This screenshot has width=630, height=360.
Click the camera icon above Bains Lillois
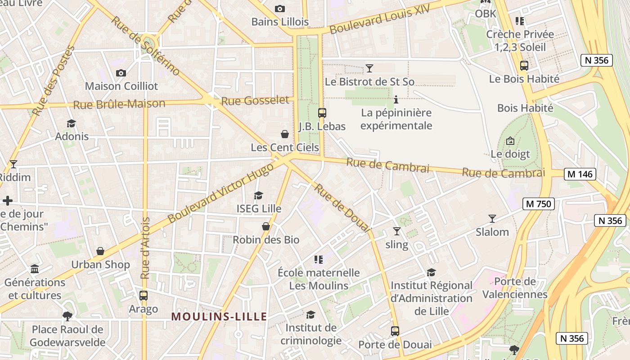click(x=279, y=9)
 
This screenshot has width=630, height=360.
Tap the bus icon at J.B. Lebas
click(x=322, y=113)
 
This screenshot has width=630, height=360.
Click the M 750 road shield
click(x=538, y=204)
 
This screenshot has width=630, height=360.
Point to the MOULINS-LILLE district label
click(x=219, y=316)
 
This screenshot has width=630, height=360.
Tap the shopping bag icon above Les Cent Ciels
click(x=284, y=134)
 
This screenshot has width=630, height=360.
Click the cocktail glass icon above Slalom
click(x=492, y=219)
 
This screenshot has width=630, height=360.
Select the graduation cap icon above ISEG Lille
click(x=258, y=195)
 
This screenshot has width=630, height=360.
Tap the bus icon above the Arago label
click(x=143, y=296)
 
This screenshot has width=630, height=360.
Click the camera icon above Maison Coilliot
click(x=121, y=73)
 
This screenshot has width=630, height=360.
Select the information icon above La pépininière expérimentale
click(x=396, y=99)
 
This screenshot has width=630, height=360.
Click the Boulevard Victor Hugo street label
click(x=220, y=193)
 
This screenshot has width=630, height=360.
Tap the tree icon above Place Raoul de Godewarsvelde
click(x=67, y=316)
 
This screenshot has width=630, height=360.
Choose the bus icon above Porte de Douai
click(x=395, y=331)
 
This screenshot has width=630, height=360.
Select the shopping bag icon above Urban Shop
click(x=100, y=251)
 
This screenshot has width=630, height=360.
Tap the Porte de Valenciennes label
click(x=515, y=288)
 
